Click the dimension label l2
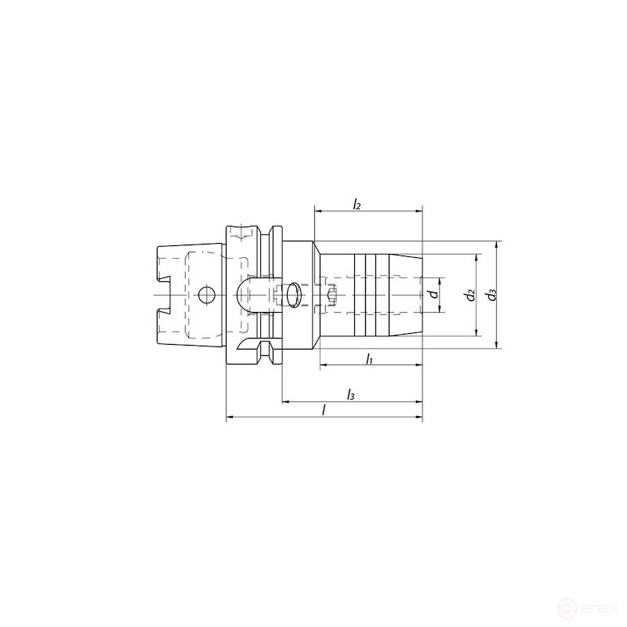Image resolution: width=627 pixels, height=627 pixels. [x=357, y=205]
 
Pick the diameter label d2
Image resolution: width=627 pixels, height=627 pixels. [x=469, y=295]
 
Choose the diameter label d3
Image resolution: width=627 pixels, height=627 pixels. [x=491, y=295]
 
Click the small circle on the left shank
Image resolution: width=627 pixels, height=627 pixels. [x=206, y=295]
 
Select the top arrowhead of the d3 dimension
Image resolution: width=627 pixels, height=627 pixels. [x=496, y=245]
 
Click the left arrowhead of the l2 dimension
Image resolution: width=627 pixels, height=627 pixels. [x=317, y=211]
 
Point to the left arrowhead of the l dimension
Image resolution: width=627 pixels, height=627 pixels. [x=230, y=419]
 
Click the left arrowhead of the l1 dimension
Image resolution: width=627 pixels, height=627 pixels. [x=322, y=366]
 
